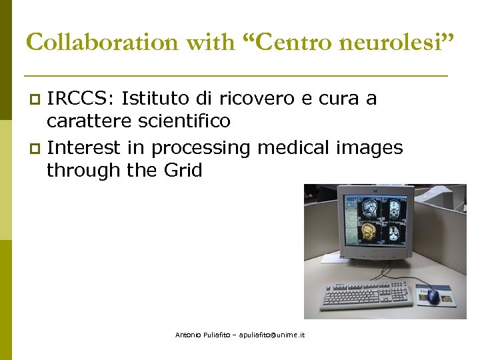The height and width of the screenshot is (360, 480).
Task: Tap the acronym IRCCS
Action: tap(74, 99)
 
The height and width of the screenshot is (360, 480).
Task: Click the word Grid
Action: tap(182, 170)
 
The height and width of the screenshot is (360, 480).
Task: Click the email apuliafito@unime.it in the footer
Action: tap(269, 335)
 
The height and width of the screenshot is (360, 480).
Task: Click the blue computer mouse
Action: tap(433, 295)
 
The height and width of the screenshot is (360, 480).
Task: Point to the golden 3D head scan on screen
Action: tap(367, 232)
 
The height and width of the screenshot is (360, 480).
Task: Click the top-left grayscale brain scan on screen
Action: tap(369, 208)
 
